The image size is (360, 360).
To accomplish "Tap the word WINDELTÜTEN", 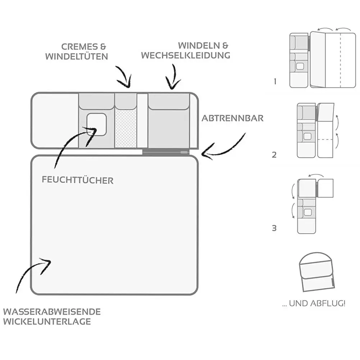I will click(77, 56).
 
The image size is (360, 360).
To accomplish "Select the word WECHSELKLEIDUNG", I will click(185, 55).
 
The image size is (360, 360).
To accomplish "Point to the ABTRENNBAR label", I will click(232, 118).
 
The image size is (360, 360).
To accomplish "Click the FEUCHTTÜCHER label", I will click(77, 180).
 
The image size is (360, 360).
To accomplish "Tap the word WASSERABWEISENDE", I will click(52, 311).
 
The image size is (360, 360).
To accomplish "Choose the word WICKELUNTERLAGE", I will click(47, 322).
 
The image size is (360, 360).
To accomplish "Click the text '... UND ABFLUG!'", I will click(314, 304).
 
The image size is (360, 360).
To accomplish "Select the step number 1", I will click(275, 82).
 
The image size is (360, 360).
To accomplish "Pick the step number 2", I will click(275, 155).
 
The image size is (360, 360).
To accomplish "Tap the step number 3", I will click(274, 228).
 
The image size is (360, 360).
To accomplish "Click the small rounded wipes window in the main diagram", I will click(96, 124).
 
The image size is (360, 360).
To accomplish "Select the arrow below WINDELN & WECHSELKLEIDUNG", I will click(173, 77).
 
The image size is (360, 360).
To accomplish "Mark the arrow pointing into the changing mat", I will click(32, 273).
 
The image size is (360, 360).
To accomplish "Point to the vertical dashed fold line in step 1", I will click(340, 59).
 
